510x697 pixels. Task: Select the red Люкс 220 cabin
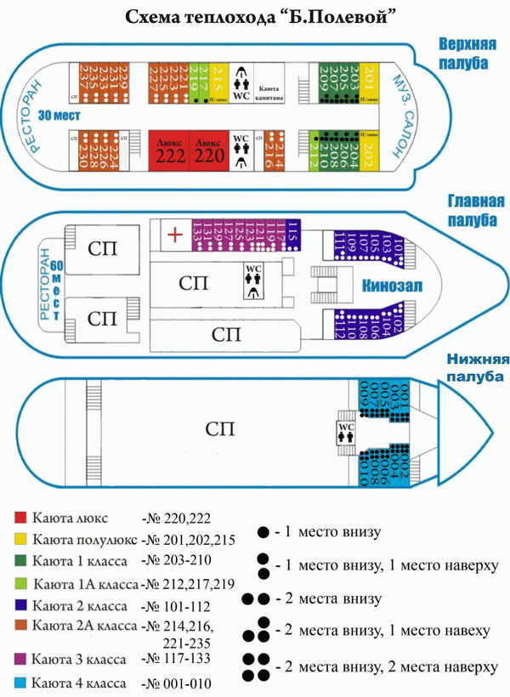(208, 149)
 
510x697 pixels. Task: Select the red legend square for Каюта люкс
(20, 517)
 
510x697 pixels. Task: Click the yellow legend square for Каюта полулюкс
(20, 539)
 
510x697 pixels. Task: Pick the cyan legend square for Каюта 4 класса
(20, 683)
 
